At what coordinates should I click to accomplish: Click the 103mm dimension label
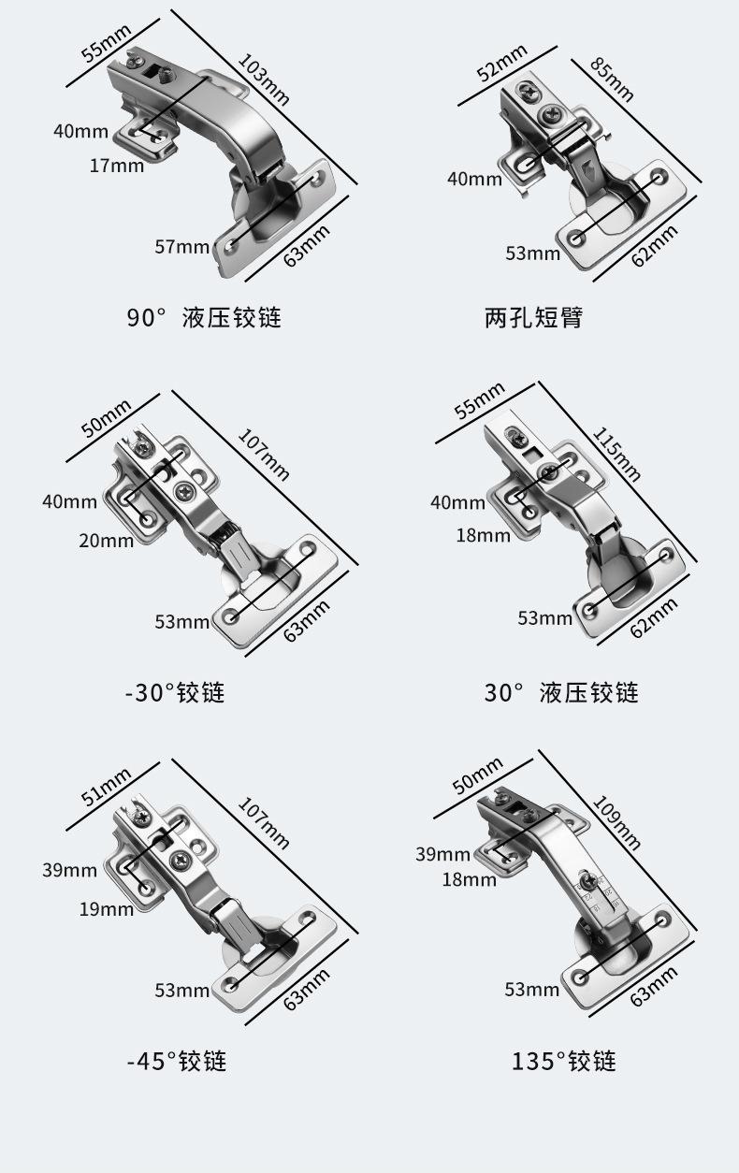pyautogui.click(x=264, y=80)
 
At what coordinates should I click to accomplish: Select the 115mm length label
pyautogui.click(x=616, y=454)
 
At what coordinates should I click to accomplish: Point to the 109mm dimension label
pyautogui.click(x=616, y=822)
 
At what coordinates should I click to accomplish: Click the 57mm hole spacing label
pyautogui.click(x=181, y=247)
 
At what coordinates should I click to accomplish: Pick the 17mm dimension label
pyautogui.click(x=116, y=166)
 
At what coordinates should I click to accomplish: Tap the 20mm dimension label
pyautogui.click(x=107, y=541)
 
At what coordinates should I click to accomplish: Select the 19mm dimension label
pyautogui.click(x=107, y=909)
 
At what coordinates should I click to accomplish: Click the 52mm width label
pyautogui.click(x=501, y=64)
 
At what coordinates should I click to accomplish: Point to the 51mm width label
pyautogui.click(x=107, y=787)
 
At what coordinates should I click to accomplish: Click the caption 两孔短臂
pyautogui.click(x=533, y=318)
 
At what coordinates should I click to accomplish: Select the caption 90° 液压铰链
pyautogui.click(x=204, y=318)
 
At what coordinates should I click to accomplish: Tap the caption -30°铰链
pyautogui.click(x=176, y=692)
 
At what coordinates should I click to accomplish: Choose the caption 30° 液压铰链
pyautogui.click(x=561, y=692)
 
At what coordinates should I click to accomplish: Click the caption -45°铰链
pyautogui.click(x=177, y=1061)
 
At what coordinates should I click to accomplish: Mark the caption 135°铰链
pyautogui.click(x=564, y=1061)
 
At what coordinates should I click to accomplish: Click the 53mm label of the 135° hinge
pyautogui.click(x=531, y=990)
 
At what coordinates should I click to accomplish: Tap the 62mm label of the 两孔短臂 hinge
pyautogui.click(x=655, y=246)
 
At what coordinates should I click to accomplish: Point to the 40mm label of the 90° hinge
pyautogui.click(x=80, y=131)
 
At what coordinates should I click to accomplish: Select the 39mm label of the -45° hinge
pyautogui.click(x=69, y=870)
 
